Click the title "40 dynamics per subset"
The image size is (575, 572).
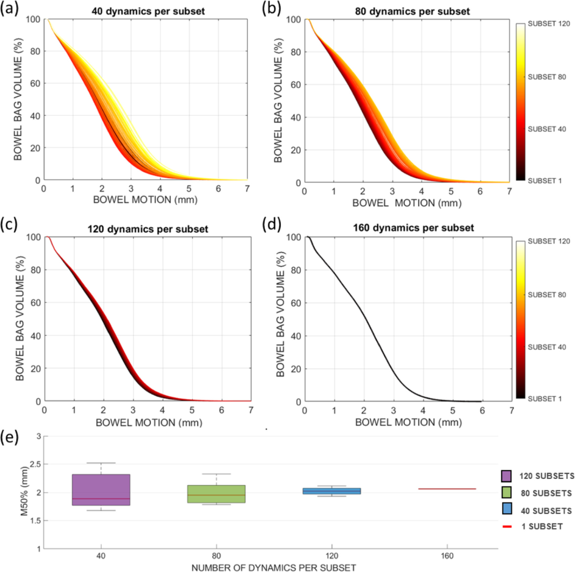coord(148,11)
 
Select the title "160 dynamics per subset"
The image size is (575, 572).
coord(413,228)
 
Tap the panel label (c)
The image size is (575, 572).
coord(9,224)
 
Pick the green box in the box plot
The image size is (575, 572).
coord(216,493)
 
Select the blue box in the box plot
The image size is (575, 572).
coord(331,491)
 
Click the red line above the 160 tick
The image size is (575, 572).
coord(447,489)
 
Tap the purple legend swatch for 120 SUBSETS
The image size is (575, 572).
coord(506,476)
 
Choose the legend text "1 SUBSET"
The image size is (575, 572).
coord(542,526)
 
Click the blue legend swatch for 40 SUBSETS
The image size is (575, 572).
coord(507,508)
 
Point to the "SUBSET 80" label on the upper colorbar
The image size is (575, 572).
coord(546,77)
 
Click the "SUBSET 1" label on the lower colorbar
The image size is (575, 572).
coord(544,399)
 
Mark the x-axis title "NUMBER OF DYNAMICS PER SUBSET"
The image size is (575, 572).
coord(273,568)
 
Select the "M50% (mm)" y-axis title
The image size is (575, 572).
coord(24,491)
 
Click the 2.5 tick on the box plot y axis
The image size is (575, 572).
coord(35,464)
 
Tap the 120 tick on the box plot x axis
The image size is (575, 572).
coord(331,556)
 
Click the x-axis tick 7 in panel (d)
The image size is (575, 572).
coord(511,411)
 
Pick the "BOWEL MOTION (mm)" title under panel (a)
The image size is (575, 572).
coord(145,200)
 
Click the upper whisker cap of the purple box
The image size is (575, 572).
coord(101,463)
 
